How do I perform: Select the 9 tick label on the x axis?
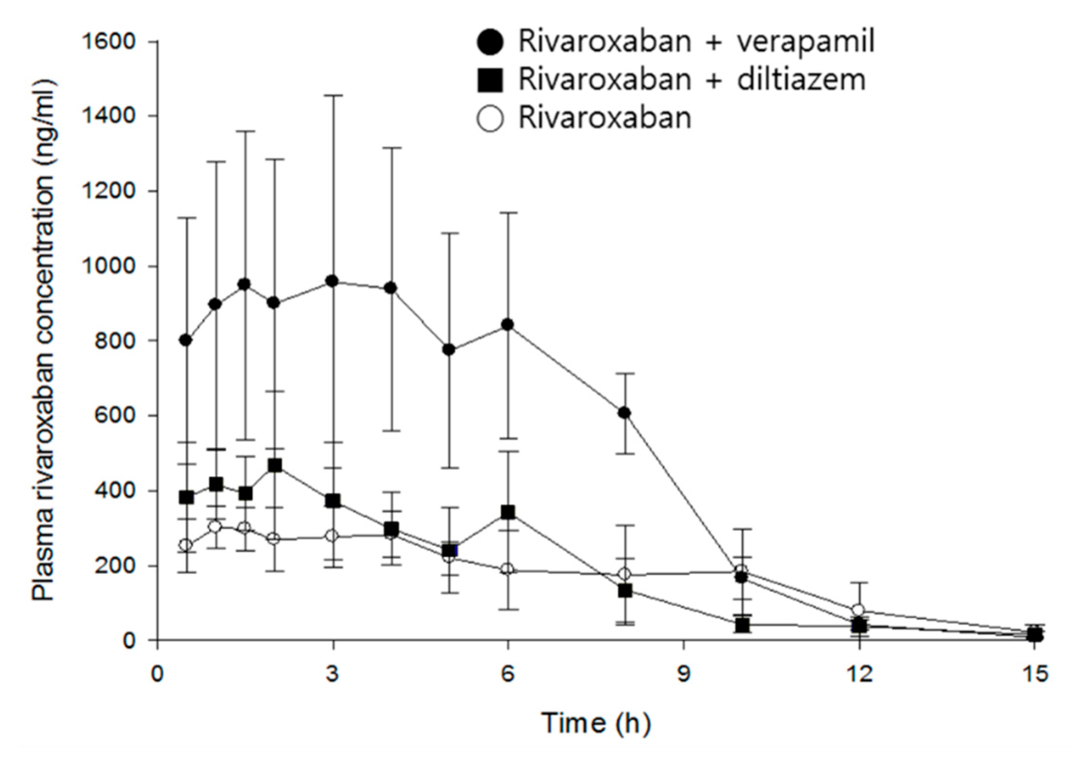click(684, 675)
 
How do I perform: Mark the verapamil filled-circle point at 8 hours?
click(624, 413)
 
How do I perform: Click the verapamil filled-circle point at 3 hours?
click(333, 281)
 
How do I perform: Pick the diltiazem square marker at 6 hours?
click(508, 512)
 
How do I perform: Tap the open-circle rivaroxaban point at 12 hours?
click(858, 610)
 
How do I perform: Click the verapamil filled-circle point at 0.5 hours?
click(186, 340)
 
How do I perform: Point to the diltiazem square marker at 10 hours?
click(742, 625)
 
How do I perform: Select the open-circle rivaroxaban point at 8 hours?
click(624, 574)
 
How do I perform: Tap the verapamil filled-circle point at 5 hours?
click(449, 349)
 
